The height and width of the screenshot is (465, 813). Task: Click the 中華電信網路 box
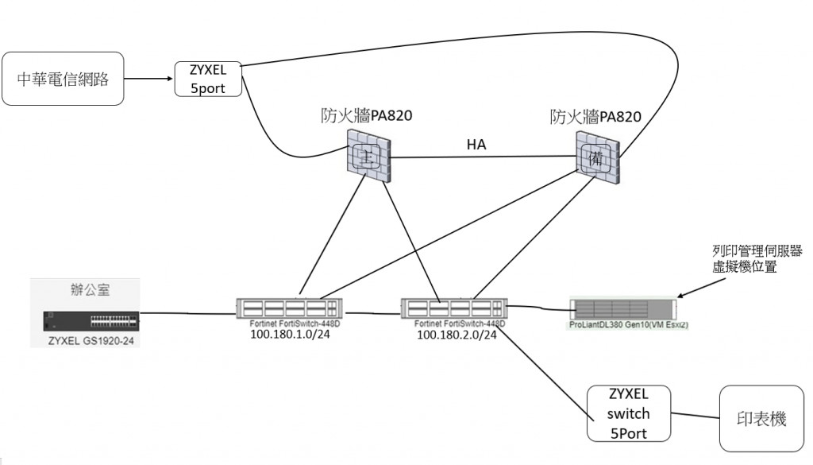(x=64, y=79)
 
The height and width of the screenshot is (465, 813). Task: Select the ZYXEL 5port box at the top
(x=207, y=79)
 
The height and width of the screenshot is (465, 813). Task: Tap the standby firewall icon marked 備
(x=597, y=157)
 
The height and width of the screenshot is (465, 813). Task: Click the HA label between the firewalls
(x=477, y=145)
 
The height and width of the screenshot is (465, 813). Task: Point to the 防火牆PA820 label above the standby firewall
(x=595, y=117)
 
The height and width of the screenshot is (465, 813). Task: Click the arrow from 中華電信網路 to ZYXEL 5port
(x=149, y=79)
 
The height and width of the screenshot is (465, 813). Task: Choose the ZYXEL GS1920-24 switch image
(x=92, y=321)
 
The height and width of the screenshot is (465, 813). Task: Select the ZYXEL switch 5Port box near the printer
(x=629, y=413)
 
